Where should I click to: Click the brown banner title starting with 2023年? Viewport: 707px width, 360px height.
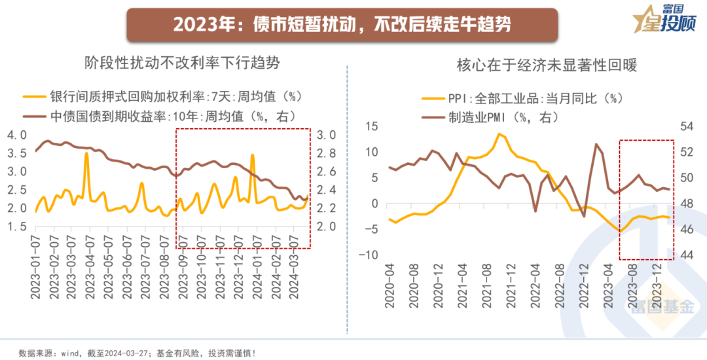tap(342, 25)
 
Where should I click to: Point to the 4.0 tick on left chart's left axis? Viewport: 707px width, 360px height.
tap(16, 135)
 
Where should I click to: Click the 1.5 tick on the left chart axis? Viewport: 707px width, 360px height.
tap(16, 226)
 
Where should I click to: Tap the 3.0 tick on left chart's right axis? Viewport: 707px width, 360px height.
tap(327, 135)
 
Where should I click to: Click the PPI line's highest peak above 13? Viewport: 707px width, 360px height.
tap(499, 134)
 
